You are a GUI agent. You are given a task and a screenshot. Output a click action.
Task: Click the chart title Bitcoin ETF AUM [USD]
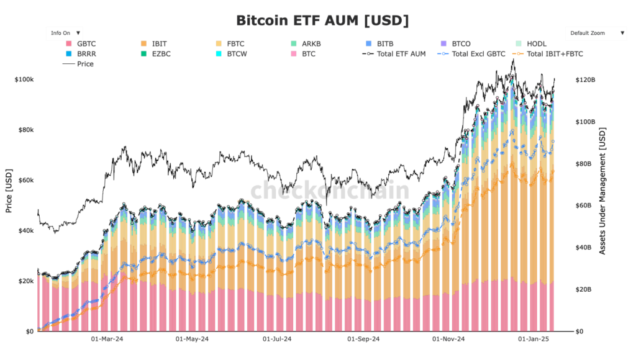click(322, 20)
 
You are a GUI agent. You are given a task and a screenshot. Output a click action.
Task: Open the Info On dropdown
click(65, 33)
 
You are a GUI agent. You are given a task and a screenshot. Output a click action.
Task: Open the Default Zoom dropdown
click(597, 33)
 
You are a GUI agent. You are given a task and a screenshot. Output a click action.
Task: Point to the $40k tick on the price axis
click(25, 231)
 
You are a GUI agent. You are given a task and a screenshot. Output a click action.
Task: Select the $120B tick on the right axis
click(586, 80)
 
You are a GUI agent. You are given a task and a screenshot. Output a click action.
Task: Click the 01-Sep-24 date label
click(363, 340)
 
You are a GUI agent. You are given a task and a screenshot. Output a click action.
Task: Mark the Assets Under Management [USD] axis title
click(602, 191)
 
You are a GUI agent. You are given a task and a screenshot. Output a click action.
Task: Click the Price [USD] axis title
click(9, 191)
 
